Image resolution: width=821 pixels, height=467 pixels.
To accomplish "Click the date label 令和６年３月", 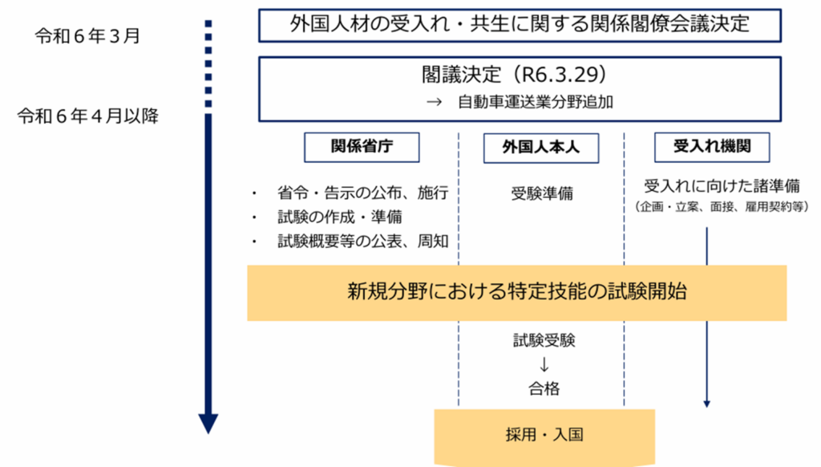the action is [x=87, y=35].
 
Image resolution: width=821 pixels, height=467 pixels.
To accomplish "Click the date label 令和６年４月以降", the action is [x=87, y=116].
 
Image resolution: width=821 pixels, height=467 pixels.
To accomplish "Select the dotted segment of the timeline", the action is [x=208, y=63].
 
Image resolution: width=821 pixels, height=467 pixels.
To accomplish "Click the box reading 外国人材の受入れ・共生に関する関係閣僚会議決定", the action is [x=520, y=25].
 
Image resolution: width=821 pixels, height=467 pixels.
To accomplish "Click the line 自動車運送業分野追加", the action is [x=535, y=102].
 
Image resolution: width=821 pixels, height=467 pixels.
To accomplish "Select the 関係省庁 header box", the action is [x=362, y=148].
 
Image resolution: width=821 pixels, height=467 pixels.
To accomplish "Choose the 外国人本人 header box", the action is [x=541, y=148].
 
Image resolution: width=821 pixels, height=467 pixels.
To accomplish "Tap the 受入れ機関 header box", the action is [x=712, y=148].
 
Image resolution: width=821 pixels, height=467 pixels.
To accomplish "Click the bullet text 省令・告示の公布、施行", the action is [x=362, y=193].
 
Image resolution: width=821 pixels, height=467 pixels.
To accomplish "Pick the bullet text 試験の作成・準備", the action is [x=339, y=217].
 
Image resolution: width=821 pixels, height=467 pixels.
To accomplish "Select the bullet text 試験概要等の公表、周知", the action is [x=362, y=241].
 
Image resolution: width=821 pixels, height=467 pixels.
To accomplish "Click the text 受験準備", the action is [x=542, y=193].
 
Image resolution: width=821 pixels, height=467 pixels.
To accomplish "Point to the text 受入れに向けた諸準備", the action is [x=722, y=186].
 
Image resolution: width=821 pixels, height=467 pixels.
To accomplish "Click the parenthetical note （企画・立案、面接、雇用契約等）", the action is [x=722, y=206].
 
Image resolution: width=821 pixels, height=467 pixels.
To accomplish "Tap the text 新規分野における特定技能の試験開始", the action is [x=517, y=291].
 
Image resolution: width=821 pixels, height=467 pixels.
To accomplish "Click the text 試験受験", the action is [x=544, y=341].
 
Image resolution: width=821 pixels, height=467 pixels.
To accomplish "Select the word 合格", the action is [x=544, y=388].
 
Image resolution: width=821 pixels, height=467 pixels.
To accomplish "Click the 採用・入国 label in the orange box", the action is [x=544, y=435].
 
